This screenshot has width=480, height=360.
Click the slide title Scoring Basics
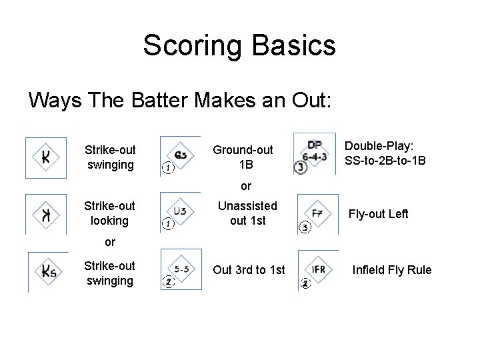(x=239, y=45)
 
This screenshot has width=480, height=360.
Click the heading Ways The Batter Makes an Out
(x=179, y=101)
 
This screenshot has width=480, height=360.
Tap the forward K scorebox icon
(x=45, y=157)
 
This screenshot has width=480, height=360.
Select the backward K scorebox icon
(x=45, y=214)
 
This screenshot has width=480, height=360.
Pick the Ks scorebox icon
(x=47, y=272)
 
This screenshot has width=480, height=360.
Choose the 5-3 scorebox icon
(x=181, y=271)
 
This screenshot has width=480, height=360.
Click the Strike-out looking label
(x=109, y=213)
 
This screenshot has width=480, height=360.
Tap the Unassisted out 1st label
(x=247, y=213)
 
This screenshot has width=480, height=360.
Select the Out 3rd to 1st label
(x=248, y=270)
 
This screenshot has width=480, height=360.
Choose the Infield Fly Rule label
(x=392, y=270)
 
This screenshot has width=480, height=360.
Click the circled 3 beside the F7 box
(x=304, y=228)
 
